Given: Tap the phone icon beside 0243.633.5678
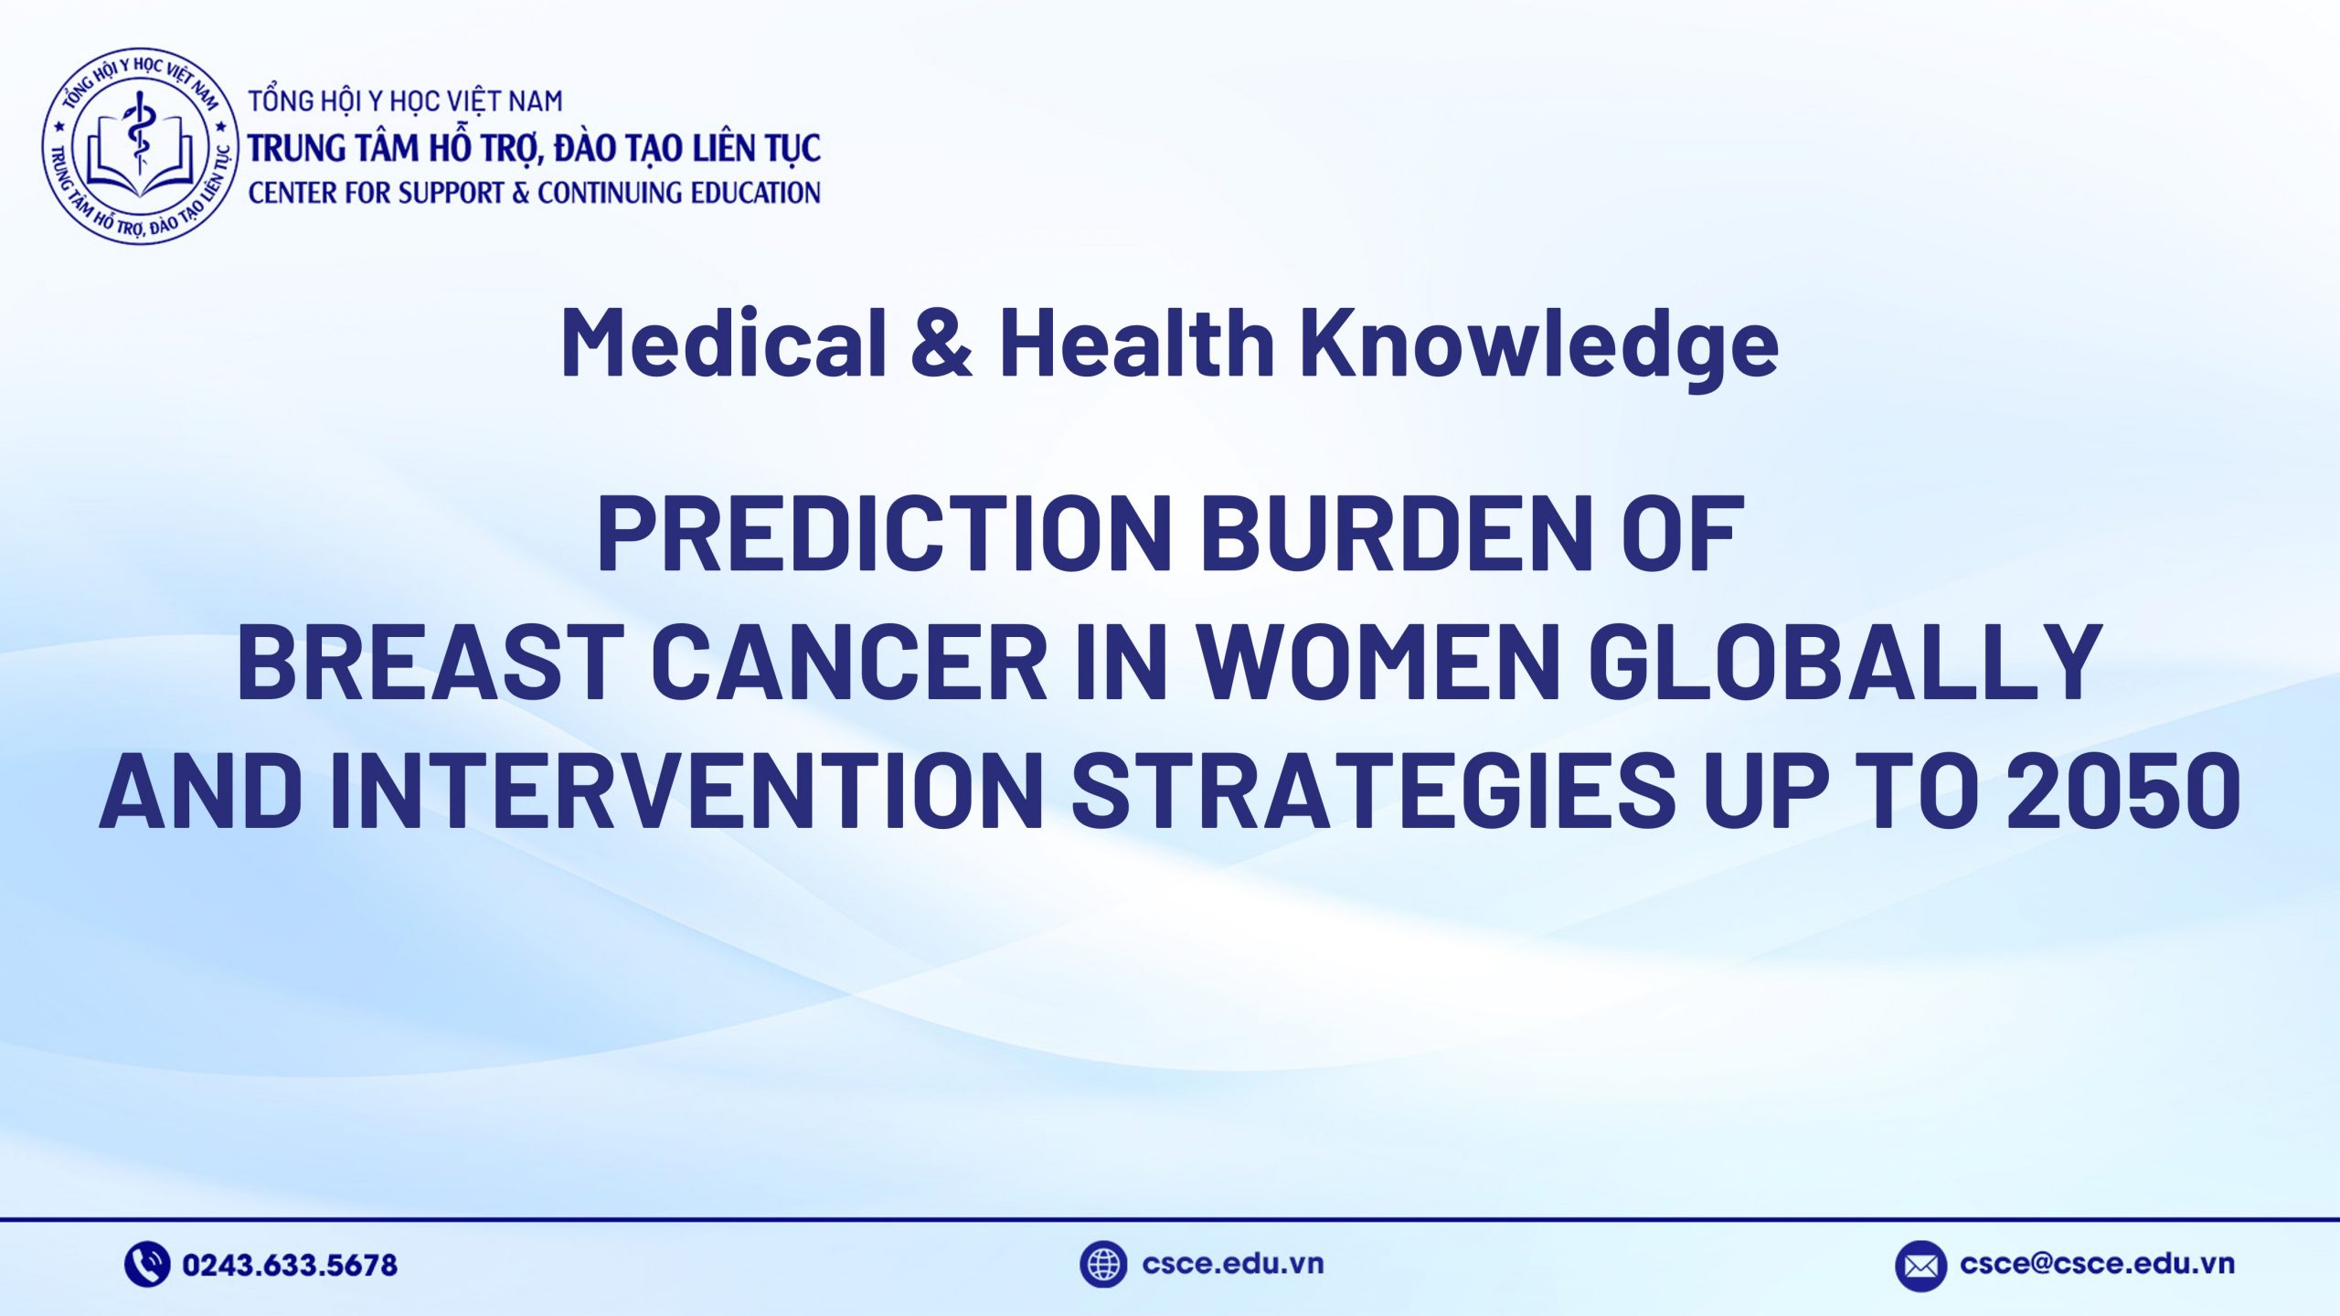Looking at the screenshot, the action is [147, 1264].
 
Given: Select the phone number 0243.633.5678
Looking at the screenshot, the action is [290, 1265].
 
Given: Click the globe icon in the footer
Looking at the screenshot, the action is [1103, 1264].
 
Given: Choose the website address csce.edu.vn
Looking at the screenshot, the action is [1233, 1264].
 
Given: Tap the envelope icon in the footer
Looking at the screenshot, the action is [1920, 1266].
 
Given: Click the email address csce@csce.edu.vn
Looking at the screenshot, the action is [2098, 1264].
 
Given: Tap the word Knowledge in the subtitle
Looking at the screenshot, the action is [1539, 344].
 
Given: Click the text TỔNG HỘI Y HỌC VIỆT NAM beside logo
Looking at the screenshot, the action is [406, 101].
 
